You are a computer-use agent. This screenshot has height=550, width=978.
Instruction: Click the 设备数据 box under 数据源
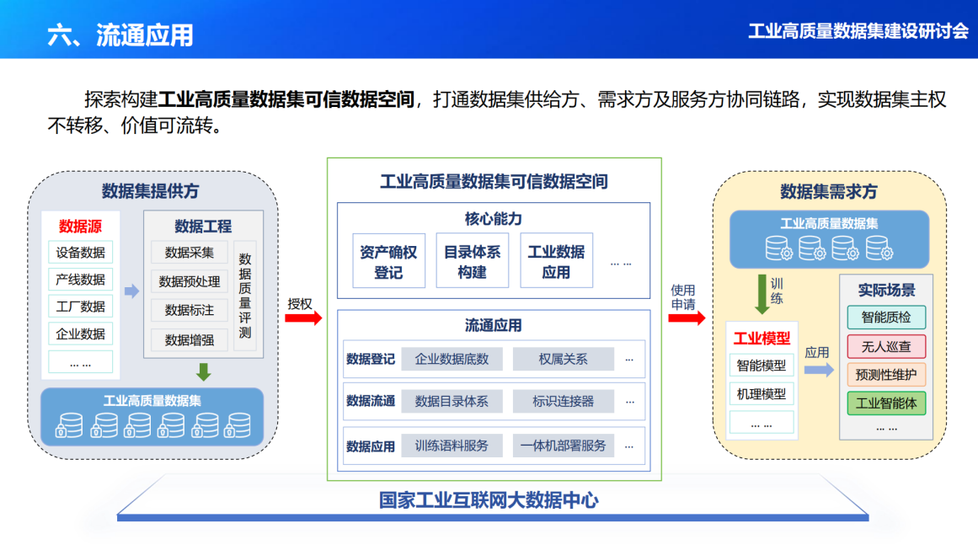pyautogui.click(x=81, y=252)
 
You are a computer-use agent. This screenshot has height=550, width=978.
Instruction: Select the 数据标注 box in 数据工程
pyautogui.click(x=190, y=310)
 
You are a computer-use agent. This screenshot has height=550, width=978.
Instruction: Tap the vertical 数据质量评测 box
pyautogui.click(x=245, y=296)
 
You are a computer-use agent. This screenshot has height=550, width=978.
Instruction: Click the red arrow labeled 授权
pyautogui.click(x=302, y=318)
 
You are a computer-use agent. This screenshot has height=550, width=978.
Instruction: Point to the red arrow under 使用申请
pyautogui.click(x=686, y=318)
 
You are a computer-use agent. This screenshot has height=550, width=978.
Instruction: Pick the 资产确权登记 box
pyautogui.click(x=388, y=261)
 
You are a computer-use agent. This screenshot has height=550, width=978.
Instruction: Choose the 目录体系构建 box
pyautogui.click(x=472, y=261)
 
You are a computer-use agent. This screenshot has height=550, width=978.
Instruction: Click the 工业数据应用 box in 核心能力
pyautogui.click(x=556, y=261)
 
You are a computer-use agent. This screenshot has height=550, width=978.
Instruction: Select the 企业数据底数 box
pyautogui.click(x=452, y=359)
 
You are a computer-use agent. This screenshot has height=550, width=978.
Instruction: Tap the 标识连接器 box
pyautogui.click(x=563, y=401)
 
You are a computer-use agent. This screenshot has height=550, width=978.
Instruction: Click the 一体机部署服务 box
pyautogui.click(x=563, y=446)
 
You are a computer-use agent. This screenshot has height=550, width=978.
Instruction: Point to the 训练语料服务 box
pyautogui.click(x=452, y=446)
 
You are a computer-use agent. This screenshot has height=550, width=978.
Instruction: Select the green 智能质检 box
pyautogui.click(x=885, y=318)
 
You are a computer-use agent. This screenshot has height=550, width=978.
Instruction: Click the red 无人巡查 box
pyautogui.click(x=885, y=346)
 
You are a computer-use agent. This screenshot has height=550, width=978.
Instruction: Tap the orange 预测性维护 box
pyautogui.click(x=885, y=374)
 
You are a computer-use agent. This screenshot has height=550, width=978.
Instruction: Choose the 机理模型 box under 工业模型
pyautogui.click(x=762, y=393)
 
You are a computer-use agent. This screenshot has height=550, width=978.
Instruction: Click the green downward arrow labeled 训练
pyautogui.click(x=762, y=295)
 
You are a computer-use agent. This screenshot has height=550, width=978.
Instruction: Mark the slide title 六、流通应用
pyautogui.click(x=120, y=35)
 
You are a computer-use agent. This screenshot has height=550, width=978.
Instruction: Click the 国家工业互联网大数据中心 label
pyautogui.click(x=489, y=500)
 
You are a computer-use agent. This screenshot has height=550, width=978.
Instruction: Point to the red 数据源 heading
pyautogui.click(x=81, y=226)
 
